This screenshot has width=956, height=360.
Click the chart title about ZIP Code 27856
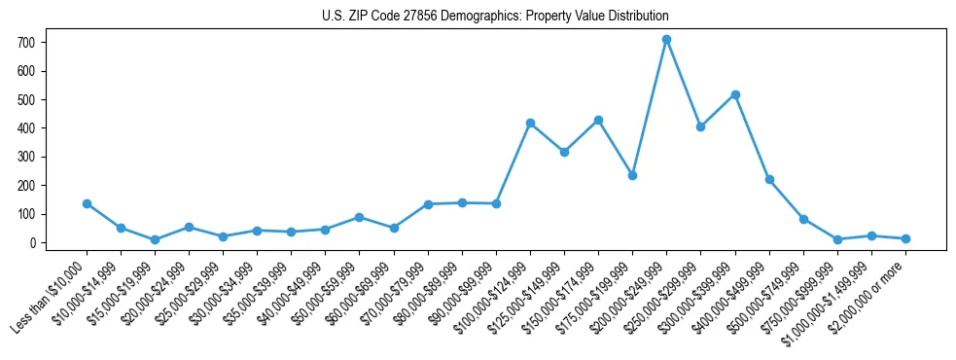click(x=495, y=17)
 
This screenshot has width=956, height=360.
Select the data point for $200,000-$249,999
click(x=666, y=40)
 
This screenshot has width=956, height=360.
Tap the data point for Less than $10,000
click(x=87, y=203)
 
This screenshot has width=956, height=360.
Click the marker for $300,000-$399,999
click(x=735, y=94)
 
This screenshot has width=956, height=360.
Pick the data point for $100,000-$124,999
click(x=530, y=123)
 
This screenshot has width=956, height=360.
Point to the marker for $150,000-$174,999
click(x=598, y=120)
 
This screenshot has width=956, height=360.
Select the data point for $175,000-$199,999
click(x=632, y=175)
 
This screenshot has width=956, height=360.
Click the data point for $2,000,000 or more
click(x=905, y=238)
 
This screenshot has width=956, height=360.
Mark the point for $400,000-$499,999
click(x=769, y=179)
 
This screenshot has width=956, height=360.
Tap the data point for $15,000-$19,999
click(x=155, y=239)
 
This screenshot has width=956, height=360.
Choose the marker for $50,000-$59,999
click(x=360, y=217)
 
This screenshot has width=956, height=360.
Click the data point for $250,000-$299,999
click(x=700, y=126)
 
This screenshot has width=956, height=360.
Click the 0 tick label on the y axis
click(x=32, y=242)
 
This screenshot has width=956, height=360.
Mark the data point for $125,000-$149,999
click(x=564, y=152)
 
